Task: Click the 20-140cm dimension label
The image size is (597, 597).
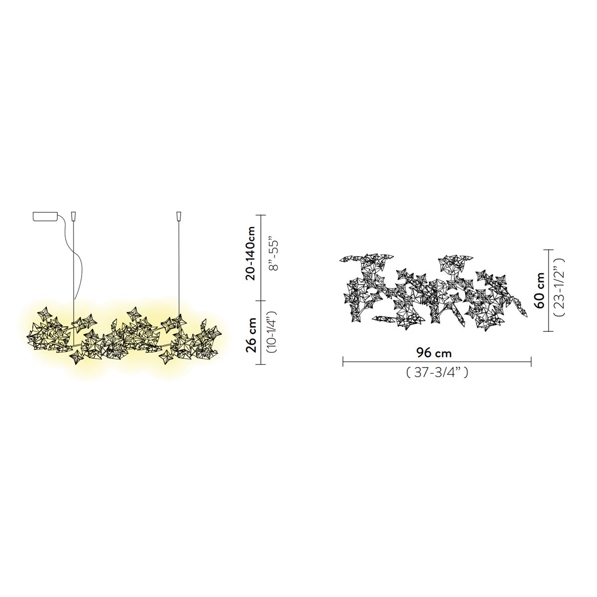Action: pyautogui.click(x=250, y=253)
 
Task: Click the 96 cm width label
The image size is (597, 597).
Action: pyautogui.click(x=434, y=353)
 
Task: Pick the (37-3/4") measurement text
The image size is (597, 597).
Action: pyautogui.click(x=437, y=373)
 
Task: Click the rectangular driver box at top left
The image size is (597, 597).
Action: pyautogui.click(x=45, y=216)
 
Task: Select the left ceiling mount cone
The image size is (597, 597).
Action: pyautogui.click(x=74, y=216)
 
